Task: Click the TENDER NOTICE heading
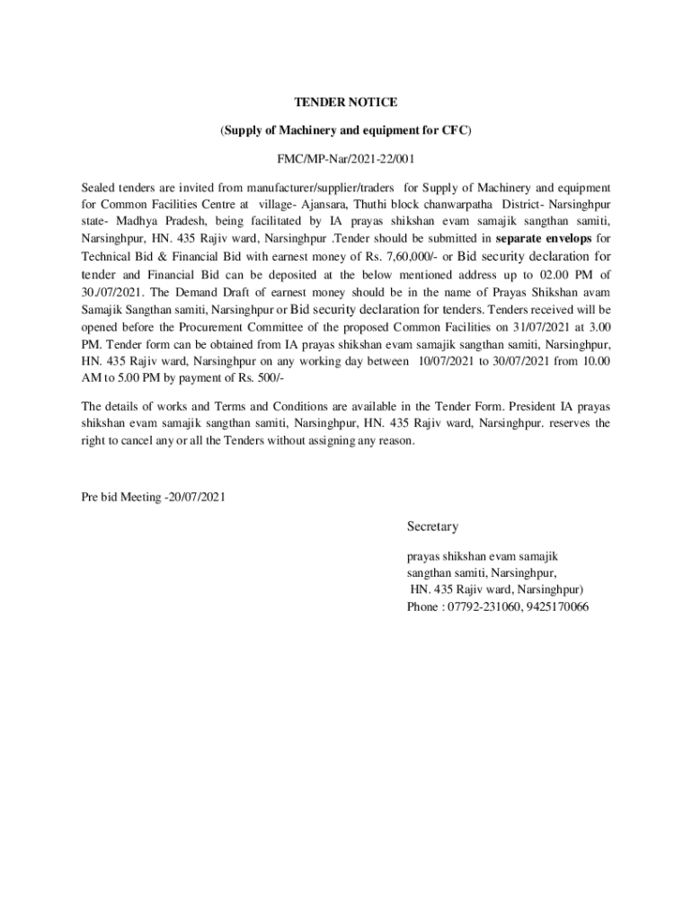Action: click(x=346, y=102)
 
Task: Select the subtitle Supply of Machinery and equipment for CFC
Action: click(x=346, y=130)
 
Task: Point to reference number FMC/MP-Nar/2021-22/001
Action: click(x=346, y=159)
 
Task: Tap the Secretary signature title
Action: click(x=432, y=526)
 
